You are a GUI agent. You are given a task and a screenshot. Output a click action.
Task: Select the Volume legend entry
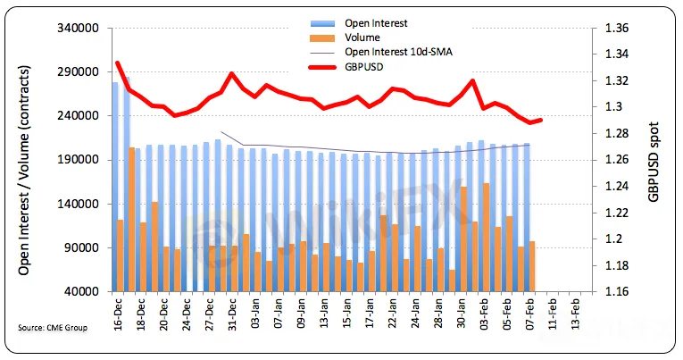[361, 38]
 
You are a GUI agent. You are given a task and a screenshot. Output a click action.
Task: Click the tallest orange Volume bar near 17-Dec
[132, 219]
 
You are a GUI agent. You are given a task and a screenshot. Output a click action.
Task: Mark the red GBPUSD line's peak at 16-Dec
[118, 63]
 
